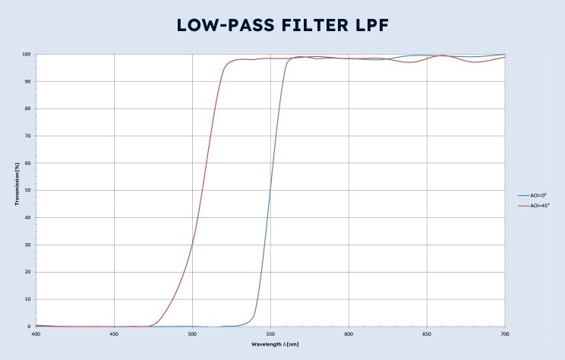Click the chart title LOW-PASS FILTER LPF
pyautogui.click(x=282, y=24)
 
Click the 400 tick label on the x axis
pyautogui.click(x=36, y=334)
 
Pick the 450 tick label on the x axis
pyautogui.click(x=114, y=334)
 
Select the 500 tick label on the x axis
pyautogui.click(x=192, y=334)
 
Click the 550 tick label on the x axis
pyautogui.click(x=270, y=334)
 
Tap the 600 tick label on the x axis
pyautogui.click(x=349, y=334)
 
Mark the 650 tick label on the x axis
pyautogui.click(x=427, y=334)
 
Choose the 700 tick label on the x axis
pyautogui.click(x=505, y=334)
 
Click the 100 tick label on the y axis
pyautogui.click(x=27, y=55)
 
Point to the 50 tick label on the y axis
pyautogui.click(x=28, y=191)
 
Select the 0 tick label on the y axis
pyautogui.click(x=30, y=327)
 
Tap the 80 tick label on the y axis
pyautogui.click(x=28, y=109)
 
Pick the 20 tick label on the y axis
pyautogui.click(x=28, y=272)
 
